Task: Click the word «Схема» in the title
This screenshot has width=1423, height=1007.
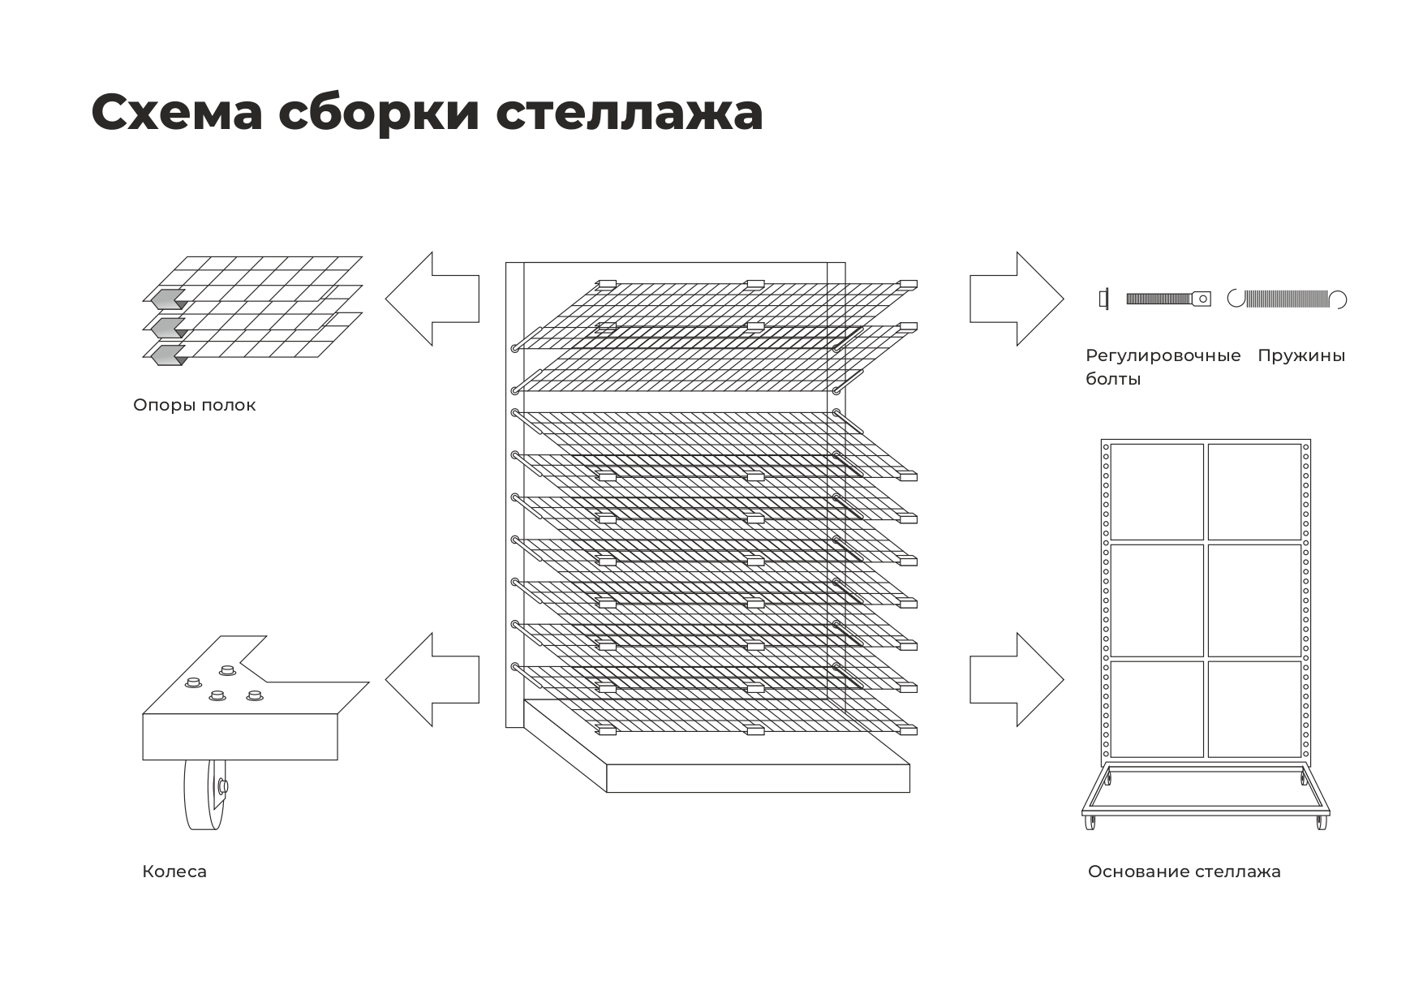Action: coord(177,112)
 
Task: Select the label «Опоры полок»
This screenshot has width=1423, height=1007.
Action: coord(194,405)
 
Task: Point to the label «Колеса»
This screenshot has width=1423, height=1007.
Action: coord(174,871)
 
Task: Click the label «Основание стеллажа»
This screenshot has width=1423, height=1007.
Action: coord(1184,871)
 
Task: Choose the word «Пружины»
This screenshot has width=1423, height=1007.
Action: coord(1300,355)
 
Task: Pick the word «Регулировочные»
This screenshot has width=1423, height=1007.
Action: coord(1163,355)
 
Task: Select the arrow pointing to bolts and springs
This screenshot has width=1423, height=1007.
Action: coord(1017,299)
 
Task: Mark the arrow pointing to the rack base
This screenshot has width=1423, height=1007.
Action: coord(1017,679)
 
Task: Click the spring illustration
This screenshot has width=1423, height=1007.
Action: coord(1287,299)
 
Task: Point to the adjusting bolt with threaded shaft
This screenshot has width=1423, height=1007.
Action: coord(1168,299)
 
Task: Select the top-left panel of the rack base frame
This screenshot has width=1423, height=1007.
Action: coord(1156,491)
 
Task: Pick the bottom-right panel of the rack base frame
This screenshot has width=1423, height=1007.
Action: coord(1254,708)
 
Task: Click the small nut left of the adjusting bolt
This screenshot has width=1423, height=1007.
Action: coord(1103,299)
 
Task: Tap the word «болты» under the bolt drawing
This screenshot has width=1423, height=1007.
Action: coord(1113,379)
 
